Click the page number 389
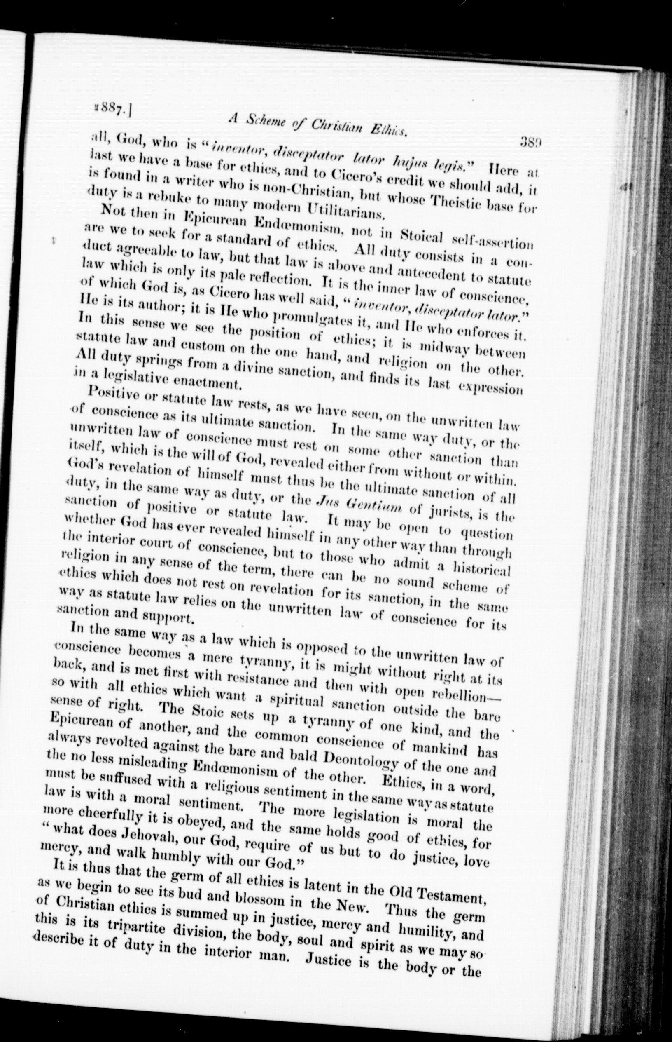[529, 142]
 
